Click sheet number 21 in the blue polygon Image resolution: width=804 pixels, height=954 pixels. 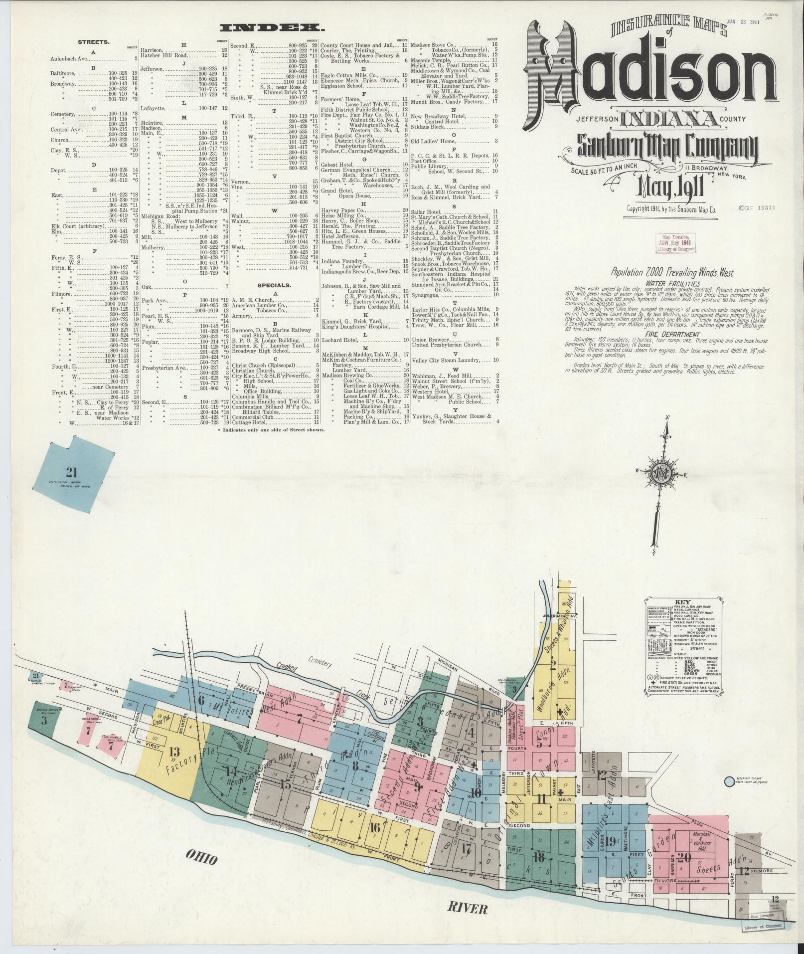pos(72,472)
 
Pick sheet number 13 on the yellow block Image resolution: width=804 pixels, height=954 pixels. pos(174,752)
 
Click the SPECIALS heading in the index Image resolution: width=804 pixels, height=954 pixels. pos(274,286)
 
